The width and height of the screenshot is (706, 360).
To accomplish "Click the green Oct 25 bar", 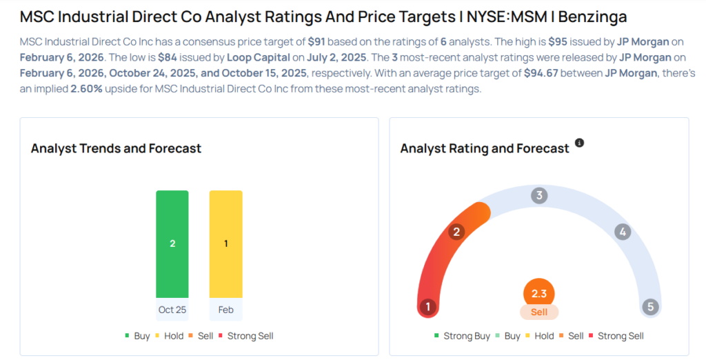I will point(172,243).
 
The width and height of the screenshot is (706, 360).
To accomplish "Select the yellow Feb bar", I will point(225,243).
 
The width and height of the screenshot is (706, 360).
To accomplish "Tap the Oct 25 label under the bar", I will point(172,310).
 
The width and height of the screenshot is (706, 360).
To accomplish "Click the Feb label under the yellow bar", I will point(225,310).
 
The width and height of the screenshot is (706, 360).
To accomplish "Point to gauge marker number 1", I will point(428,307).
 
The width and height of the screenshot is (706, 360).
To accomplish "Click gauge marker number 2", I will point(455,232).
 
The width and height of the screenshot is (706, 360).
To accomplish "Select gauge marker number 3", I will point(539,196).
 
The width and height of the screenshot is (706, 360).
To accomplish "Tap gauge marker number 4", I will point(623,232).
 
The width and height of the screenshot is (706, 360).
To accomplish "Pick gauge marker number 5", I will point(649,307).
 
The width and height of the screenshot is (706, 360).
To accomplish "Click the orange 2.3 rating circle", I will point(539,293).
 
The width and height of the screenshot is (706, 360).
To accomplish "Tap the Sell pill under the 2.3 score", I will point(539,312).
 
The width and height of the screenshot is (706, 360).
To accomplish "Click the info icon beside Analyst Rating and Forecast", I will point(579,143).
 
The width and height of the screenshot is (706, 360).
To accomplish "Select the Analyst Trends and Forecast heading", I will point(116,148).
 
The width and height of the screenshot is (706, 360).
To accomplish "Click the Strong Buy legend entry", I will point(462,336).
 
